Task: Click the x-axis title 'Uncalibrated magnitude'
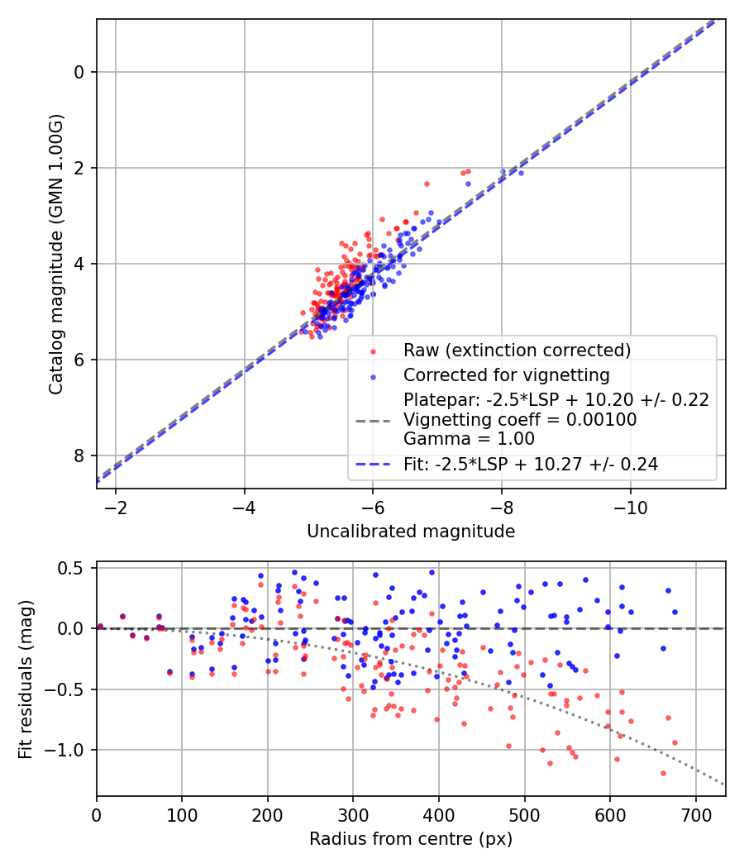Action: tap(411, 532)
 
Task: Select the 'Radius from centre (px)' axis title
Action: tap(411, 839)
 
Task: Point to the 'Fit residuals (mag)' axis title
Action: tap(26, 679)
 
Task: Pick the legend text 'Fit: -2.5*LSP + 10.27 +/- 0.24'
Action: tap(530, 465)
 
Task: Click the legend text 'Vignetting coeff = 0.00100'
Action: tap(519, 420)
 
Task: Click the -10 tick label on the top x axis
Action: tap(630, 505)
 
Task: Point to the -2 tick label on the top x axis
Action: tap(115, 505)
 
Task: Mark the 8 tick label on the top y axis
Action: tap(79, 455)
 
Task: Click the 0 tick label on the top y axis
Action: tap(79, 72)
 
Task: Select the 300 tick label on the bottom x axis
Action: tap(353, 813)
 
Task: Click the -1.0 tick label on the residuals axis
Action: tap(69, 750)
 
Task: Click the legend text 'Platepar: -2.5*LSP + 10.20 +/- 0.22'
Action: tap(556, 400)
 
